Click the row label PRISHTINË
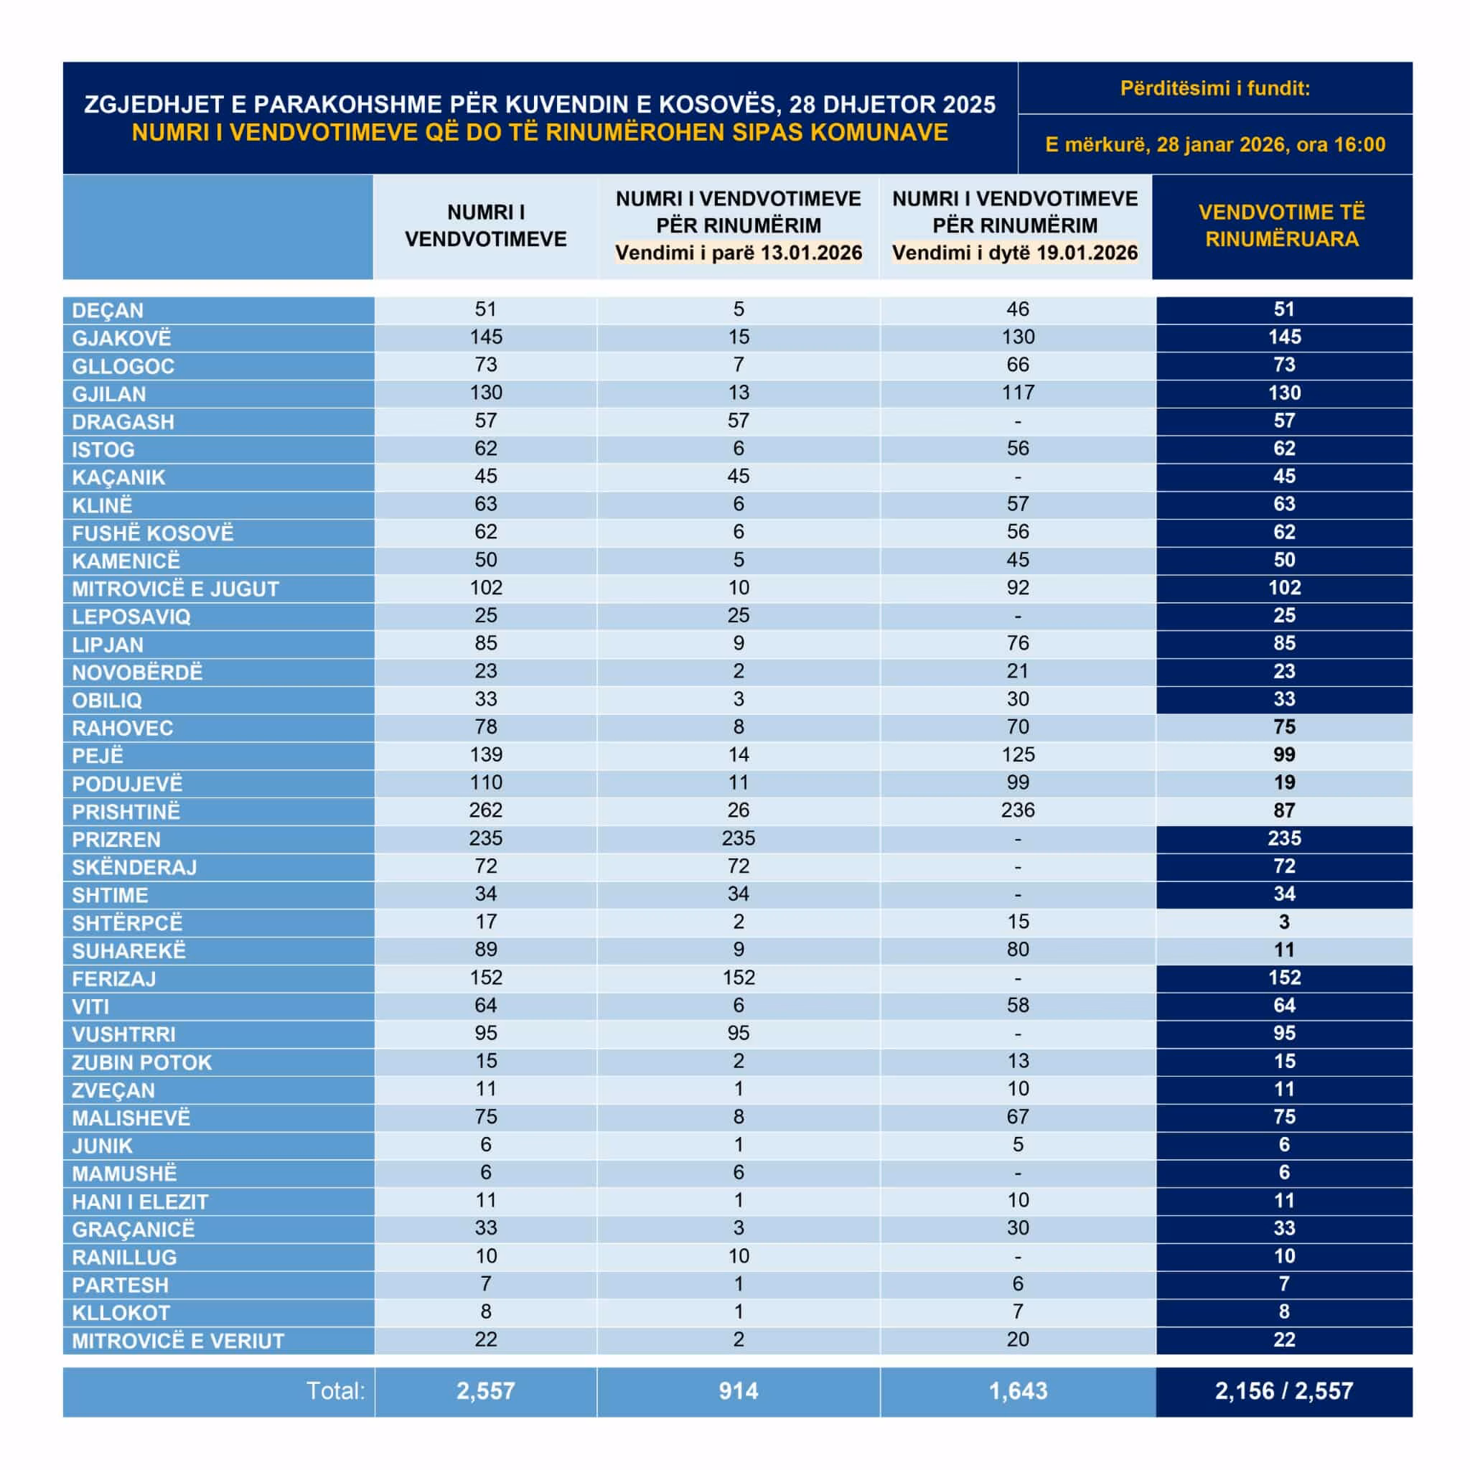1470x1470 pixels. click(126, 812)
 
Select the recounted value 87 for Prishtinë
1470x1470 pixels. click(1283, 810)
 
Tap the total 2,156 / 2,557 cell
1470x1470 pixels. click(1283, 1391)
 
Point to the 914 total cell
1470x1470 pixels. click(738, 1391)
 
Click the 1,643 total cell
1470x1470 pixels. click(1017, 1391)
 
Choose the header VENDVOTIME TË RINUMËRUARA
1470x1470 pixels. click(1282, 226)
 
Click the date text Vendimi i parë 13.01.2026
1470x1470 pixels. click(738, 253)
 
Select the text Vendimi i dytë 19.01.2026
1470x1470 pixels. click(1015, 253)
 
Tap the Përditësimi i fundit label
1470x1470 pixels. click(1215, 88)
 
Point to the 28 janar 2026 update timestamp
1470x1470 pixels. click(1215, 144)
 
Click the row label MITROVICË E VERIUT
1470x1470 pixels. click(178, 1341)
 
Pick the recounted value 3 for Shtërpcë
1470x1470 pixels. click(1283, 922)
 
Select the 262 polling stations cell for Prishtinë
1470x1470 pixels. click(485, 810)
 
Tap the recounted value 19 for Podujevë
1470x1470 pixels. click(1283, 783)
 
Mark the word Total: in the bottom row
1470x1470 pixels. click(335, 1391)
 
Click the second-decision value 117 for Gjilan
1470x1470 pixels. click(1017, 393)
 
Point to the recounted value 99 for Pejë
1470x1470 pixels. click(1283, 755)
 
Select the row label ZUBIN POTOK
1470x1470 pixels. click(141, 1062)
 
